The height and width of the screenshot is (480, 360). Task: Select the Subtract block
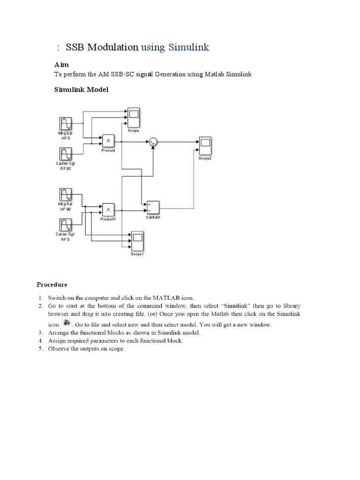152,207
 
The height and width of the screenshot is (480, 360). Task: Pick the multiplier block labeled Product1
108,209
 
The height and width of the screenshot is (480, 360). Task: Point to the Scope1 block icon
137,241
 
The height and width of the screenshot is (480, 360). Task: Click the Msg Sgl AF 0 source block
65,124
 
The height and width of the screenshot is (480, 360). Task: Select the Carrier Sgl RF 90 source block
65,154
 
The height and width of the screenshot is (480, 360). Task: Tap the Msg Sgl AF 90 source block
65,195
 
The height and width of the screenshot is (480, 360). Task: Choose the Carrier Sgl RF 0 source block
65,224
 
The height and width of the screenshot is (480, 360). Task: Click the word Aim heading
62,64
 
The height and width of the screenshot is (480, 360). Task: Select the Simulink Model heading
82,89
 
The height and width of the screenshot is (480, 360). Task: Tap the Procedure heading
52,284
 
